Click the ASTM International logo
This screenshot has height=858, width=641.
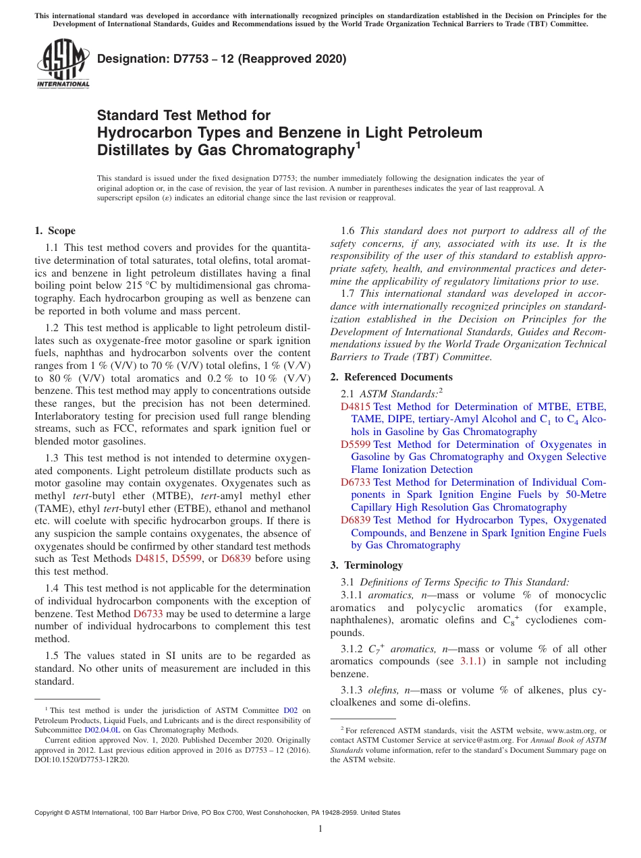[x=63, y=64]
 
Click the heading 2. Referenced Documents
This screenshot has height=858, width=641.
[x=391, y=377]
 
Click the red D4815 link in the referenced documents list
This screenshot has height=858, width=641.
[x=355, y=407]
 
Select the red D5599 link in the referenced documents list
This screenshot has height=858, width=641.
[x=355, y=445]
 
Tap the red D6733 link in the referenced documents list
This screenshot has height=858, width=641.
[x=355, y=482]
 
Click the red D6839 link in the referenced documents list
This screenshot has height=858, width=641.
[x=355, y=520]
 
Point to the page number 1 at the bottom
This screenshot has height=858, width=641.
[x=320, y=829]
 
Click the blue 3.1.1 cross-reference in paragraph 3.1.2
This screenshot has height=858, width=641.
[x=470, y=662]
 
